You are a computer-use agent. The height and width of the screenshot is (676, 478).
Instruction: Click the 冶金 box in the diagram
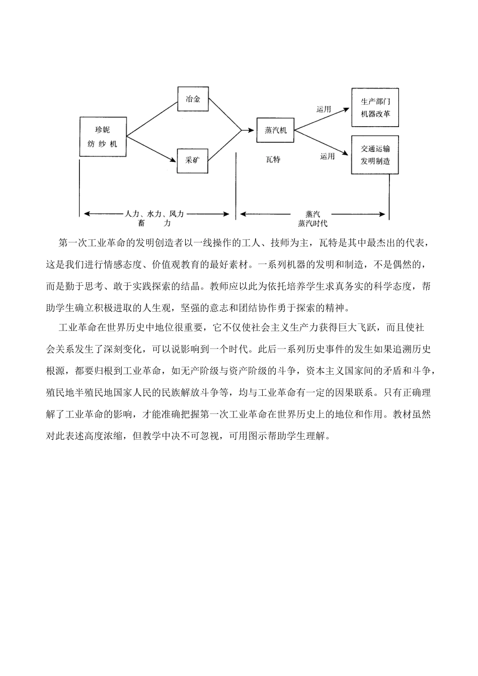(193, 99)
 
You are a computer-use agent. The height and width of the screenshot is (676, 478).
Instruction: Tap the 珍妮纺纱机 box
(103, 136)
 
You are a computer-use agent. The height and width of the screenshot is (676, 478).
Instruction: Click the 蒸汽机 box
(275, 130)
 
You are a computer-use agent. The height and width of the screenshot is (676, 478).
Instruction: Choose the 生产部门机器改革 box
(375, 108)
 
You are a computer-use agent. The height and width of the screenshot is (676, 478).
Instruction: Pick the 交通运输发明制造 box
(375, 155)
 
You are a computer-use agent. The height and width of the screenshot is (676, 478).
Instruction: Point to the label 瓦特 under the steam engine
(273, 159)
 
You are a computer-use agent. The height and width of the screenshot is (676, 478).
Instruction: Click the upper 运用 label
(324, 109)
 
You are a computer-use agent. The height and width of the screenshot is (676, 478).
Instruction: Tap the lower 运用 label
(327, 156)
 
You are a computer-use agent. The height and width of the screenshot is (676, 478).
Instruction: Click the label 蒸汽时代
(312, 223)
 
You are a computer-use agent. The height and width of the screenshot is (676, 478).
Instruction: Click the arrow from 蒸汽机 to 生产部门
(322, 119)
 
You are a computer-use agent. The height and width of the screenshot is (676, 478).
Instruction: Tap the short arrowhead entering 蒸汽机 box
(248, 130)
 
